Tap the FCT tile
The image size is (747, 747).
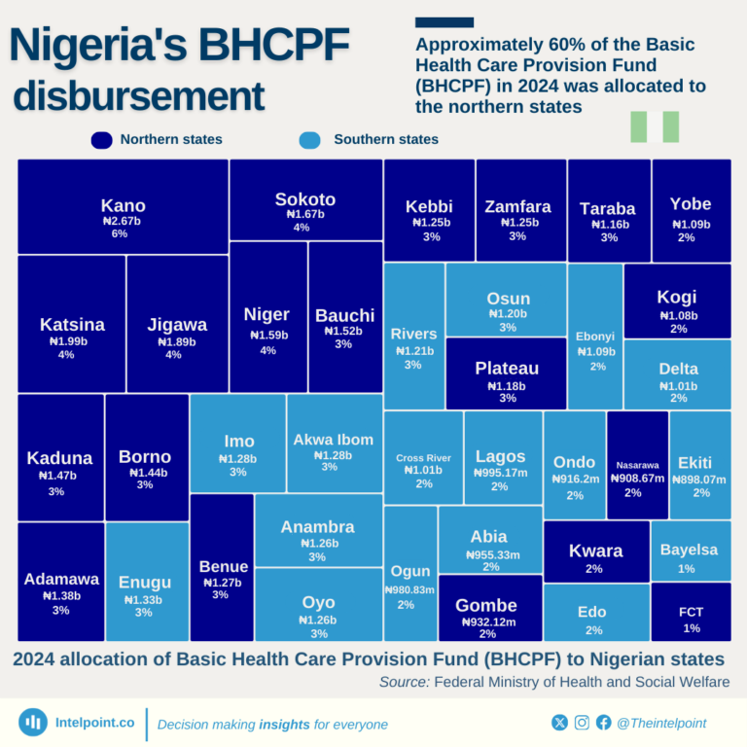pyautogui.click(x=691, y=612)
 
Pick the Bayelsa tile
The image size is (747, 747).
pyautogui.click(x=690, y=551)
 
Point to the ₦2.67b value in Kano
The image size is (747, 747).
pyautogui.click(x=122, y=221)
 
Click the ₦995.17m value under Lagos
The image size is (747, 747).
pyautogui.click(x=501, y=473)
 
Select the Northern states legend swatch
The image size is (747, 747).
pyautogui.click(x=101, y=140)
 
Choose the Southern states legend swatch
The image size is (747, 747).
pyautogui.click(x=310, y=140)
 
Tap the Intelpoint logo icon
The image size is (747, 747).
pyautogui.click(x=34, y=723)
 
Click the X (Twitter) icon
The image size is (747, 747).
pyautogui.click(x=559, y=723)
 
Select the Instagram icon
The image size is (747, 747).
pyautogui.click(x=582, y=723)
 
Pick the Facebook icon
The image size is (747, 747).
pyautogui.click(x=604, y=723)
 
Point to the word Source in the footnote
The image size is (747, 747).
pyautogui.click(x=404, y=682)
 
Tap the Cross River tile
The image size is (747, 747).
pyautogui.click(x=423, y=457)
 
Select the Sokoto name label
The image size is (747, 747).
pyautogui.click(x=304, y=199)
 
